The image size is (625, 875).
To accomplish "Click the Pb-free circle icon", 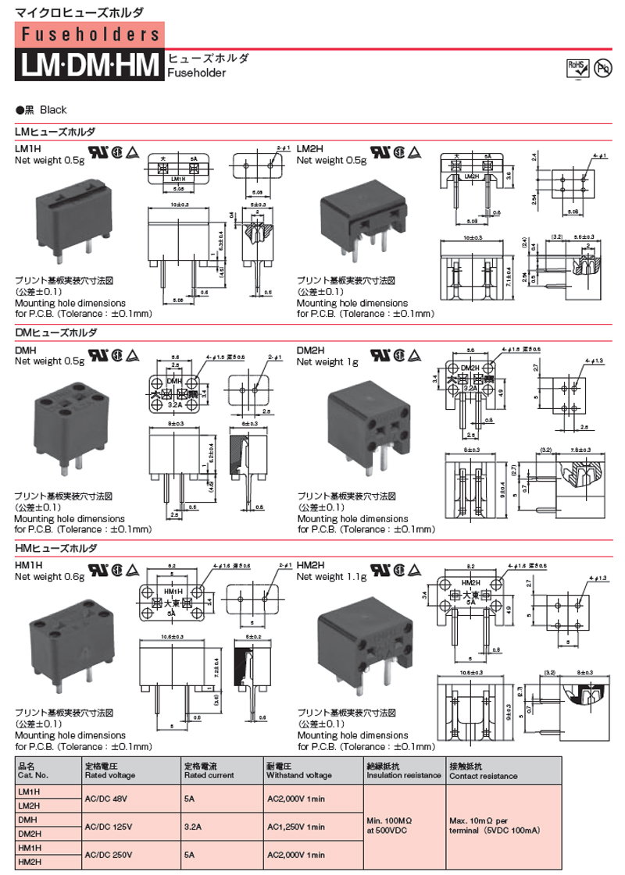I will [x=602, y=69].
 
